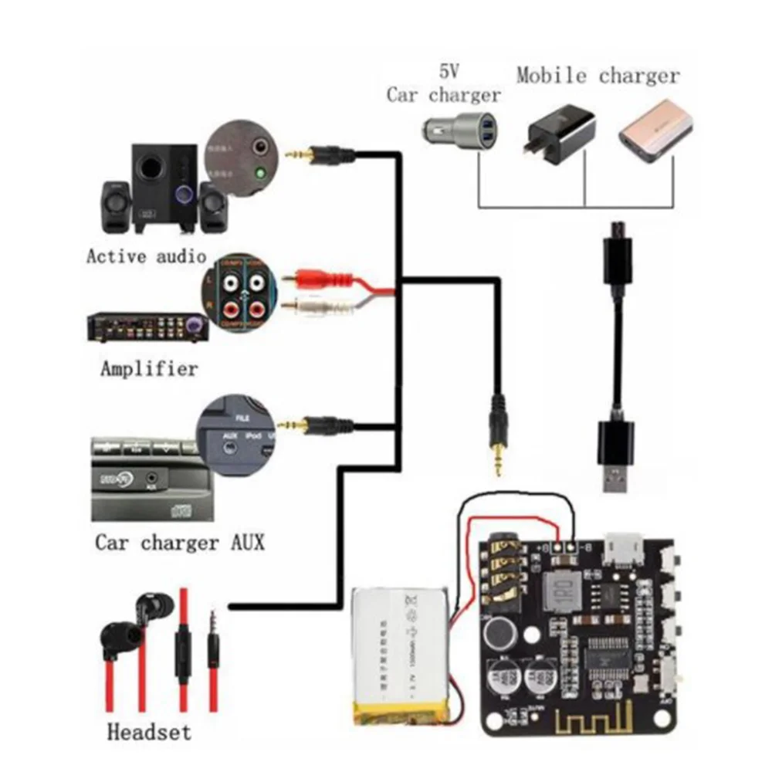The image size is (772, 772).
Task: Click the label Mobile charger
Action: click(x=598, y=76)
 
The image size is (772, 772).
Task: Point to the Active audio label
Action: click(x=146, y=256)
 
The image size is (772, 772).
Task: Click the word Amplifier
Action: click(x=149, y=368)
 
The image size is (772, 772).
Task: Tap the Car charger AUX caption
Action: click(x=179, y=542)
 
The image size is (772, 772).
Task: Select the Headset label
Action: click(x=149, y=730)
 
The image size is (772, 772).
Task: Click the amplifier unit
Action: click(x=147, y=327)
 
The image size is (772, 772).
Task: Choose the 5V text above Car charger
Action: click(x=449, y=72)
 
